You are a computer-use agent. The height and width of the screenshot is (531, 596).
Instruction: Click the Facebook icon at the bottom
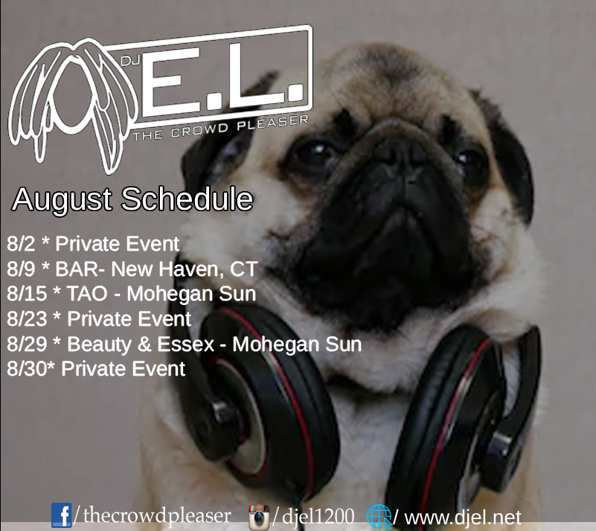(x=61, y=515)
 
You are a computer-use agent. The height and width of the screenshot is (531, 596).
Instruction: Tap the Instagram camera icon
(x=259, y=518)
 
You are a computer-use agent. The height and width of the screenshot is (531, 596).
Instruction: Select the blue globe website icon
(x=379, y=517)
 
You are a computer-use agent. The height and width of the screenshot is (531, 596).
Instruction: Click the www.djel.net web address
(x=463, y=518)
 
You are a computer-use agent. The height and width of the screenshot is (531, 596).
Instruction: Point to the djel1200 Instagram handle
(x=318, y=517)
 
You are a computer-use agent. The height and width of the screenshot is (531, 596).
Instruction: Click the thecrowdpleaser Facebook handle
(x=157, y=515)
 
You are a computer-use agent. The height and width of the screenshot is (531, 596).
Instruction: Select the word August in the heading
(x=62, y=200)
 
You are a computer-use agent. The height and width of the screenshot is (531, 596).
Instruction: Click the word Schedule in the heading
(x=187, y=199)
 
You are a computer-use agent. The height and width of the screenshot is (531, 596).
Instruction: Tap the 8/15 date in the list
(x=27, y=294)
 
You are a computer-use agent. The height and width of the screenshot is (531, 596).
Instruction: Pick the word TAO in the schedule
(x=87, y=294)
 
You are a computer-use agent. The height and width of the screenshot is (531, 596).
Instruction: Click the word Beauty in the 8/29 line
(x=99, y=345)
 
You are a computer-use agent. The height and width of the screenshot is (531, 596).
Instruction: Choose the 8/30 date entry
(x=28, y=368)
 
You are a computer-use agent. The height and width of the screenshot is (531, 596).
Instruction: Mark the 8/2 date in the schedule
(x=21, y=243)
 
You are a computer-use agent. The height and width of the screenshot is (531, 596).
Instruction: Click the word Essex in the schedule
(x=186, y=344)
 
